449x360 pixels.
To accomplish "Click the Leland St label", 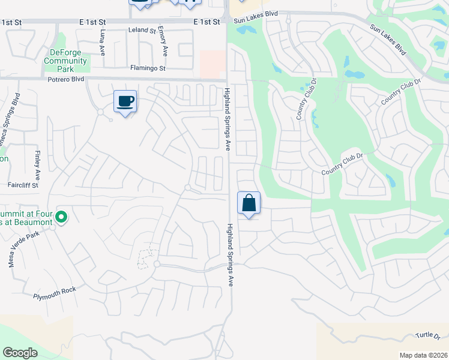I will click(142, 30).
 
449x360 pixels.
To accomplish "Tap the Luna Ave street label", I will click(103, 42).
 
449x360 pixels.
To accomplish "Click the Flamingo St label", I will click(149, 68).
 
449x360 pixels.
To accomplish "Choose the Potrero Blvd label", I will click(67, 79).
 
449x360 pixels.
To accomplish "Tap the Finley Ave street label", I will click(38, 166).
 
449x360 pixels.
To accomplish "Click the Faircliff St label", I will click(23, 185).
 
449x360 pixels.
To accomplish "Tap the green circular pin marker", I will click(61, 216).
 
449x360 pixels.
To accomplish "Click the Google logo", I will click(20, 353).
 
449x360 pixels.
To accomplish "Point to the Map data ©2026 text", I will click(423, 355).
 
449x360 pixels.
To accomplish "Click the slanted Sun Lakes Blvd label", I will click(388, 40).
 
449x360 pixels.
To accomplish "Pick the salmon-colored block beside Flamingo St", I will click(212, 64).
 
